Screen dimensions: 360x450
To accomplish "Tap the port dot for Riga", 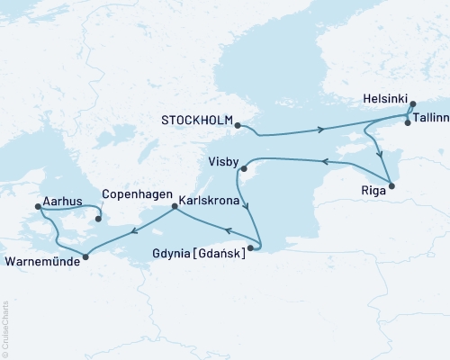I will pos(390,186).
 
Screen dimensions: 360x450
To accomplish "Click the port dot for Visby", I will pos(243,166).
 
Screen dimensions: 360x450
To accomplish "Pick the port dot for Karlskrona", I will pos(174,206).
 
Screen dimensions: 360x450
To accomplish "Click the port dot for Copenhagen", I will pos(98,217).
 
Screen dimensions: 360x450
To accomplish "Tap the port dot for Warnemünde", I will pos(85,258).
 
